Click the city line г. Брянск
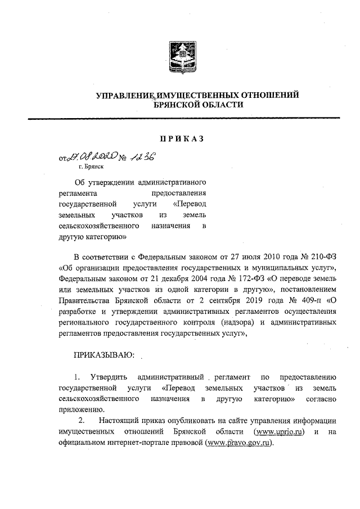[91, 166]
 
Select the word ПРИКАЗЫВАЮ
[104, 355]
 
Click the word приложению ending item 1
[79, 409]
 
